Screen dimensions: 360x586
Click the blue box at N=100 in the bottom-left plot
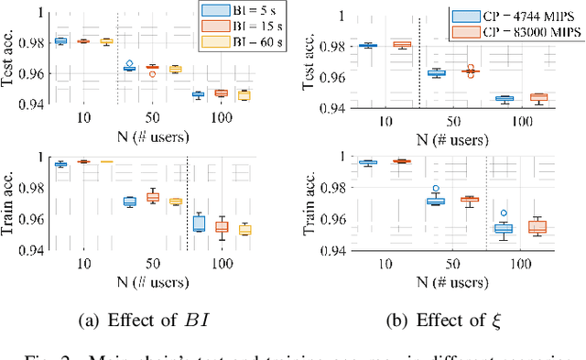[199, 223]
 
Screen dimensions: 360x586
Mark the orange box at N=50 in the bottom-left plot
[153, 197]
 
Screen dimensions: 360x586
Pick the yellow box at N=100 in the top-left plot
[244, 94]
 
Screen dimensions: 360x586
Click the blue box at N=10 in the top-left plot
[61, 41]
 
